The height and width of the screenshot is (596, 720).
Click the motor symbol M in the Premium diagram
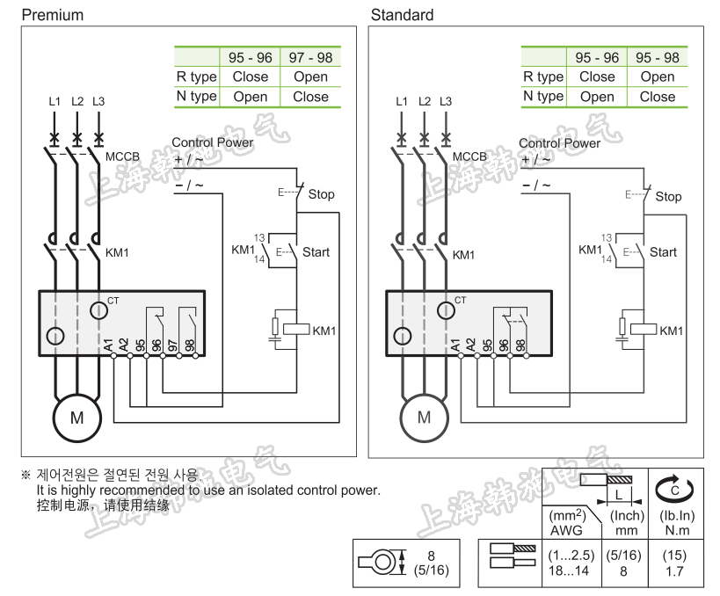coord(77,418)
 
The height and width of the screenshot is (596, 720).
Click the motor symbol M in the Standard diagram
coord(425,418)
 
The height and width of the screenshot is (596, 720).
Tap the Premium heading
coord(52,15)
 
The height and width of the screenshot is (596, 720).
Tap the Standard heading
coord(402,15)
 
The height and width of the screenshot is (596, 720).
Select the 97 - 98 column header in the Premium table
coord(310,57)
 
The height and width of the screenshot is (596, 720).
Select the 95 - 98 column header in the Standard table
coord(658,57)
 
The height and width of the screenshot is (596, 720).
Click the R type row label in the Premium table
coord(196,76)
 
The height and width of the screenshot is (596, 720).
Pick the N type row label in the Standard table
coord(543,96)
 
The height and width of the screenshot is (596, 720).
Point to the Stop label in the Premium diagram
coord(321,194)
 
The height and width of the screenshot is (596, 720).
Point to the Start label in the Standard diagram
coord(663,252)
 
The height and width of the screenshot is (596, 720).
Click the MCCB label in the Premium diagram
coord(122,157)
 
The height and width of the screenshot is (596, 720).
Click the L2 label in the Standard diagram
coord(424,102)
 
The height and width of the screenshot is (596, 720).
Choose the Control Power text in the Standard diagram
coord(559,142)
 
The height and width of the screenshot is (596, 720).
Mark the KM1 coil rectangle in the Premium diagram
coord(298,330)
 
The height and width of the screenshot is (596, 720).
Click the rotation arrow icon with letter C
coord(676,486)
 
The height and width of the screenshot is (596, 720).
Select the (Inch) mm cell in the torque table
coord(627,523)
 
